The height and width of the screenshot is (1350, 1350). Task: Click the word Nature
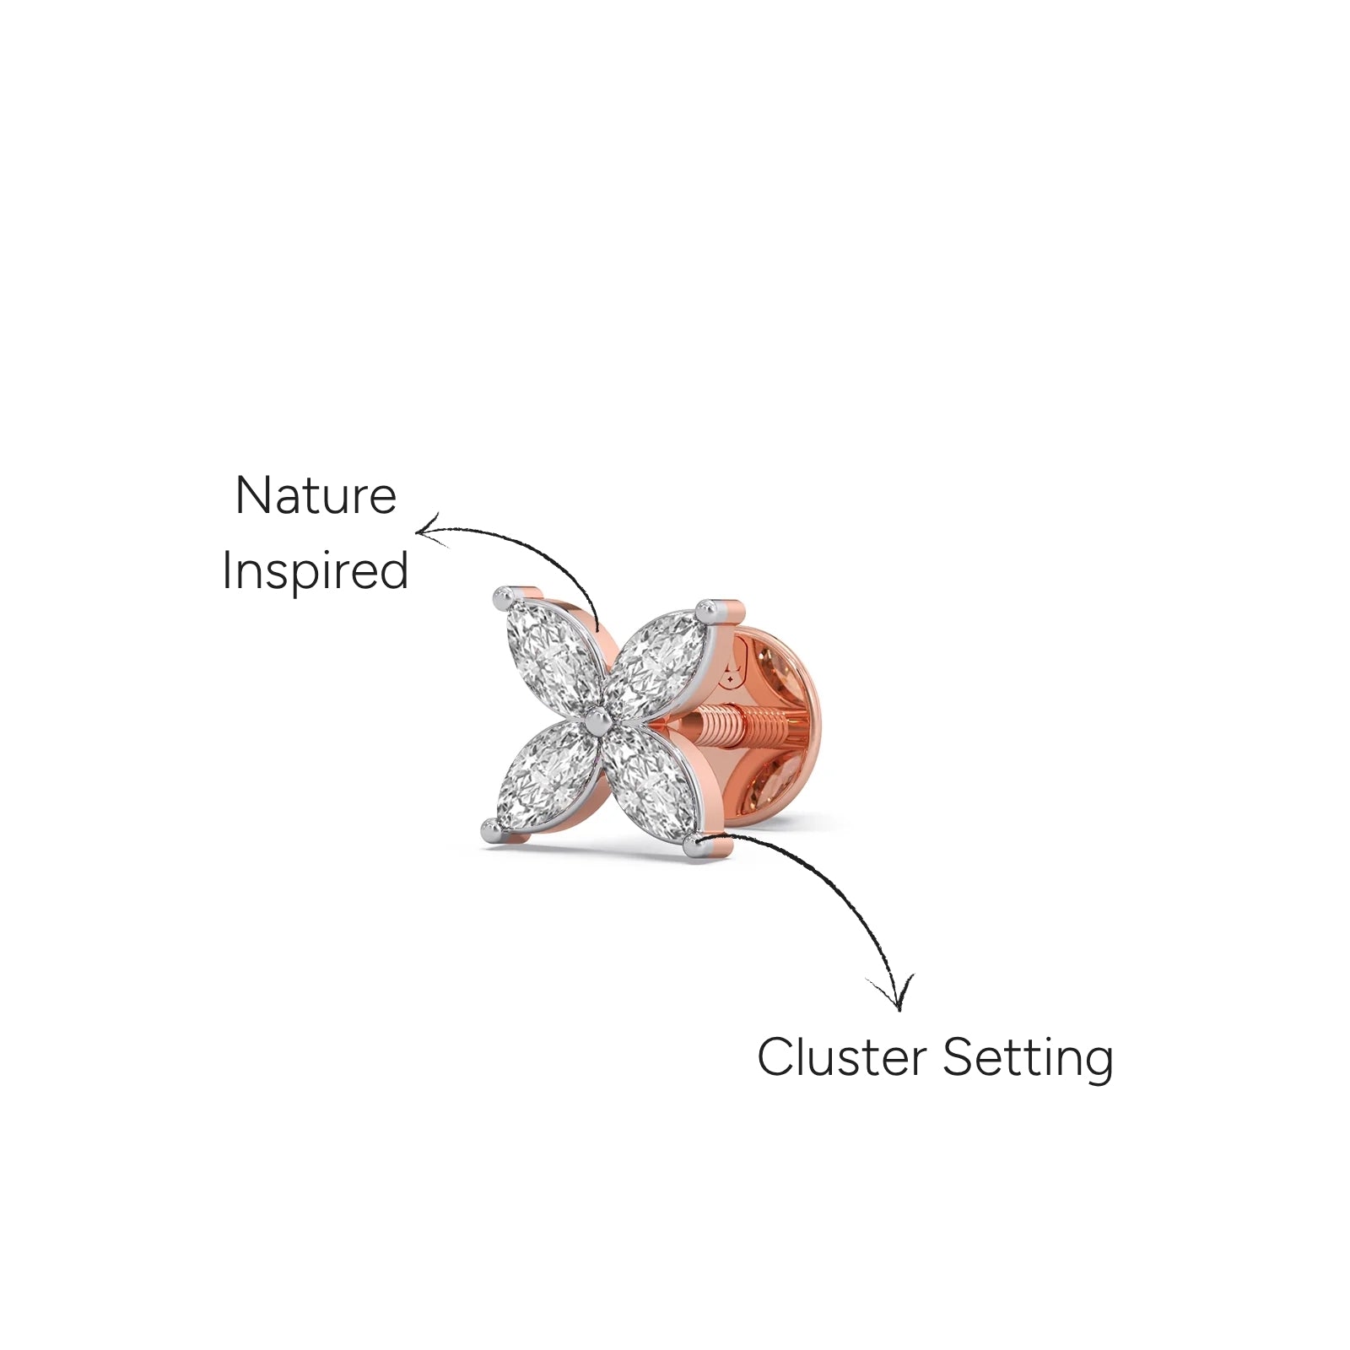(316, 495)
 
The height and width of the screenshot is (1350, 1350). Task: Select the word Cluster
(841, 1057)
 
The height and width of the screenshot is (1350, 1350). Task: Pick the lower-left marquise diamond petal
(544, 775)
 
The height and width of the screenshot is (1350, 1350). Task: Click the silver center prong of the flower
(598, 720)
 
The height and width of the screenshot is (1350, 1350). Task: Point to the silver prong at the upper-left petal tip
(504, 599)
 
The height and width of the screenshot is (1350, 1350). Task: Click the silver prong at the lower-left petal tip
(491, 830)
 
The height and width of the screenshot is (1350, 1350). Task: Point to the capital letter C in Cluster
(775, 1057)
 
